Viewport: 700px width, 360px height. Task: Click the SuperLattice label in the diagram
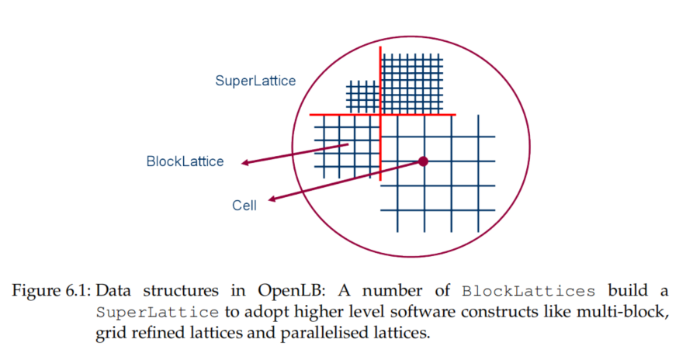click(255, 81)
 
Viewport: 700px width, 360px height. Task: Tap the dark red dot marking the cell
click(423, 161)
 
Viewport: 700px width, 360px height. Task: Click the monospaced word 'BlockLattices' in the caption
click(528, 292)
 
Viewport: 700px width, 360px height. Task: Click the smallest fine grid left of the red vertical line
click(362, 96)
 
